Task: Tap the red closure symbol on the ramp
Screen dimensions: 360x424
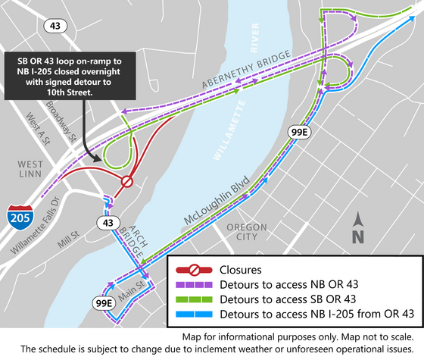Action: [x=127, y=182]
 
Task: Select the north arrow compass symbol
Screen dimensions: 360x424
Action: [x=359, y=227]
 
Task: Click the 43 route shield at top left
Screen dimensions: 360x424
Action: [x=54, y=25]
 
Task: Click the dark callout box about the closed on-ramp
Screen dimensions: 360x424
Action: [x=73, y=76]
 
